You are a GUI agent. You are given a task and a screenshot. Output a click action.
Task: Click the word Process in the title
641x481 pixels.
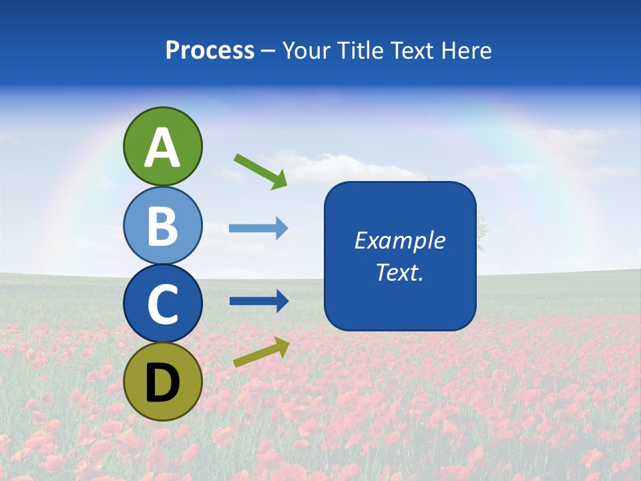(x=210, y=51)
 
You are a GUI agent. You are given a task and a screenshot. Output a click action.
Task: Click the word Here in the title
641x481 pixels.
(x=467, y=51)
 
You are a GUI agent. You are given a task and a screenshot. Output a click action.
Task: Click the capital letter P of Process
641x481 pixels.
(x=173, y=51)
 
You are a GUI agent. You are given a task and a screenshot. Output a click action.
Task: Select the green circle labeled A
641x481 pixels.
(x=162, y=146)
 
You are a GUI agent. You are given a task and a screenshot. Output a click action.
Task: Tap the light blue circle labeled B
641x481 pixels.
(x=162, y=225)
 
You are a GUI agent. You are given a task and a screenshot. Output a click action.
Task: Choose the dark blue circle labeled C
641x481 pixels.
(x=162, y=303)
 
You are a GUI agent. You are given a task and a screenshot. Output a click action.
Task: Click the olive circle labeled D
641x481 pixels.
(x=162, y=381)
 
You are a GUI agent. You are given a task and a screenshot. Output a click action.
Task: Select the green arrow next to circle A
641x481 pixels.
(x=260, y=170)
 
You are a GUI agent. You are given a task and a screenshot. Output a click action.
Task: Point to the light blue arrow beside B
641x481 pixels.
(x=258, y=228)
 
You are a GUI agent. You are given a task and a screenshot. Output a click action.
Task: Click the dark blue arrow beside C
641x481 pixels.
(x=258, y=301)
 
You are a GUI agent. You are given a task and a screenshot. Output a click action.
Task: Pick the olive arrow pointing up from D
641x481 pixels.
(x=261, y=352)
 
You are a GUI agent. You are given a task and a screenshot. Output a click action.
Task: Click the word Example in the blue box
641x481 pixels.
(x=399, y=240)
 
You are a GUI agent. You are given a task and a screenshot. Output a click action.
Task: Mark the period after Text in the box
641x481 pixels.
(x=421, y=278)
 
